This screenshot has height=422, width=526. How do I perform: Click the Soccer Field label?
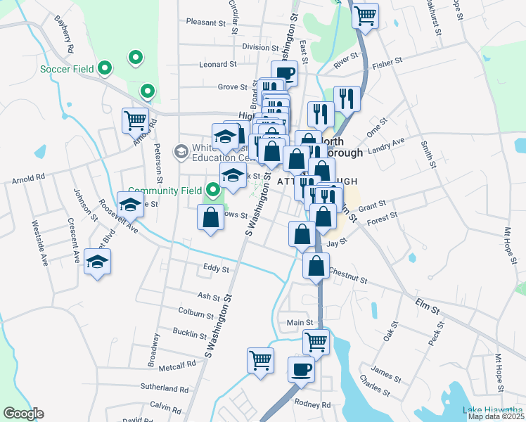pos(67,69)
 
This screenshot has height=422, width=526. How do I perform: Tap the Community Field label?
pos(165,191)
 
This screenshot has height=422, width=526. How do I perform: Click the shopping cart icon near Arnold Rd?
pos(135,119)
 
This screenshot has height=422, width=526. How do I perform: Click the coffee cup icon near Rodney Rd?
pos(301,369)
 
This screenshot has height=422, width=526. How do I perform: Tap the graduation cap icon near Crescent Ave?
pos(97,262)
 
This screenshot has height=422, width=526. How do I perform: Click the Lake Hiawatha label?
pos(492,410)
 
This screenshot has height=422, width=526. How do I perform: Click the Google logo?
pos(23,414)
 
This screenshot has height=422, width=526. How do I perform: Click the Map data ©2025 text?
pos(496,416)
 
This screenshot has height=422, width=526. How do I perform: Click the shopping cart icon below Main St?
pos(316,343)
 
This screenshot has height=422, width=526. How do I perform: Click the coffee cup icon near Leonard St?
pos(284,72)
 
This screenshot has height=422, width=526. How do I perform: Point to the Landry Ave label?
pos(387,141)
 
